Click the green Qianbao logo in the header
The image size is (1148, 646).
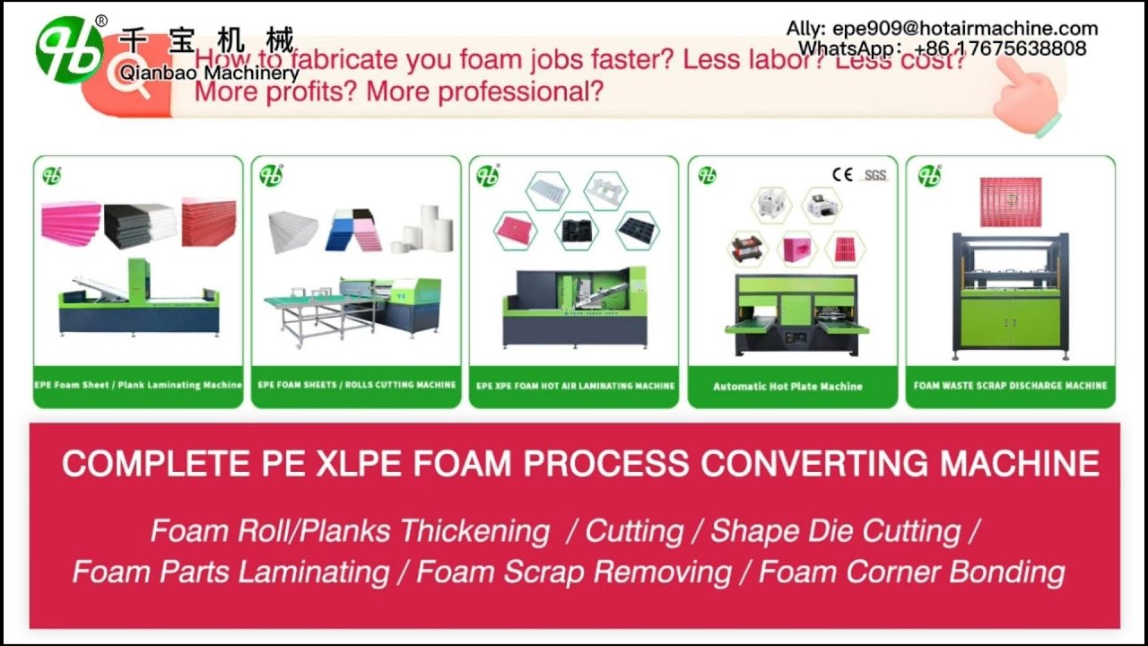[x=69, y=50]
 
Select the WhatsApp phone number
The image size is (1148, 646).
[x=1001, y=48]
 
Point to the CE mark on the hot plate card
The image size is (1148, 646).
[x=842, y=174]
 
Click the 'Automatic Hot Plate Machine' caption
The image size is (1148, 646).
[x=787, y=387]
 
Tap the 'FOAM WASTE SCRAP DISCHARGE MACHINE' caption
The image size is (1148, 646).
[x=1010, y=386]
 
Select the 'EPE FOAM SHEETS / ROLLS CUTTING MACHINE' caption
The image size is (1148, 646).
[x=357, y=385]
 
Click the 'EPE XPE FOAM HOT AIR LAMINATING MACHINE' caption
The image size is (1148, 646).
[x=575, y=386]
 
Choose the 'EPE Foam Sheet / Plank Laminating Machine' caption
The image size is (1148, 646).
[x=138, y=385]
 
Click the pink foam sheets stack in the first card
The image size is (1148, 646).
[x=71, y=223]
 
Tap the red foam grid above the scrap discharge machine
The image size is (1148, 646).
[x=1011, y=203]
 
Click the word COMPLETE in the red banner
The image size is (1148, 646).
[x=143, y=464]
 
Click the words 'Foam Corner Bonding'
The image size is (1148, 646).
[x=911, y=572]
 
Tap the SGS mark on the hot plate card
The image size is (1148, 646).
[x=874, y=175]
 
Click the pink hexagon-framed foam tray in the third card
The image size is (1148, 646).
[x=515, y=231]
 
